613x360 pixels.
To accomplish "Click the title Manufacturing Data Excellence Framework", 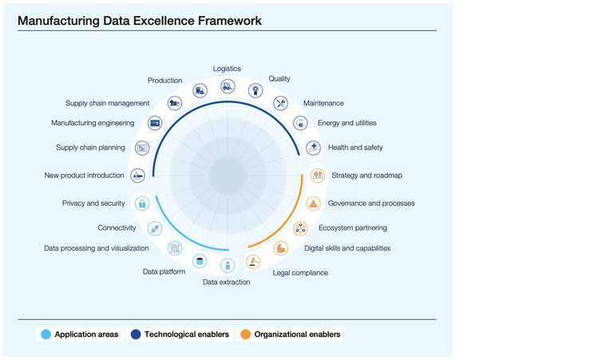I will tap(140, 20).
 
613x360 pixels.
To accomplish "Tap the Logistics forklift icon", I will tap(227, 85).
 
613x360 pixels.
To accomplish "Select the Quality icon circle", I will tap(255, 90).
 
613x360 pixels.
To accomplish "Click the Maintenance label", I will tap(323, 103).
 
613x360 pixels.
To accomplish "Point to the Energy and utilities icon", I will tap(300, 123).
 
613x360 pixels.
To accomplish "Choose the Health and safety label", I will tap(355, 148).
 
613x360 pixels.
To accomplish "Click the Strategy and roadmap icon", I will tap(318, 175).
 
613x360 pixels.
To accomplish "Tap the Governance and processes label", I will tap(371, 204).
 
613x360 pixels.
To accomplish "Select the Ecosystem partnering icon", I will tap(300, 228).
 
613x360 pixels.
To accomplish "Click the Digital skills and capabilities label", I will tap(347, 248).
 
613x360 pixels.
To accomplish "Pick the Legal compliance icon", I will tap(254, 261).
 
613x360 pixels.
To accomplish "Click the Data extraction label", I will tap(226, 282).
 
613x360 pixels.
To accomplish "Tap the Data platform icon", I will tap(200, 261).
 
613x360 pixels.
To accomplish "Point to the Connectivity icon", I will tap(155, 228).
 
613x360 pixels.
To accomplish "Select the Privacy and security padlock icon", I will tap(142, 204).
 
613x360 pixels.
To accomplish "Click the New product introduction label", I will tap(85, 176).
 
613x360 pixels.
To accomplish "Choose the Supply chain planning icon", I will tap(142, 148).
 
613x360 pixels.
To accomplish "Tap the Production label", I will tap(164, 81).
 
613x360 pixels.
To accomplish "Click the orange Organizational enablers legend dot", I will tap(245, 334).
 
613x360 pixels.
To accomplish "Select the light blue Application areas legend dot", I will tap(45, 334).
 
